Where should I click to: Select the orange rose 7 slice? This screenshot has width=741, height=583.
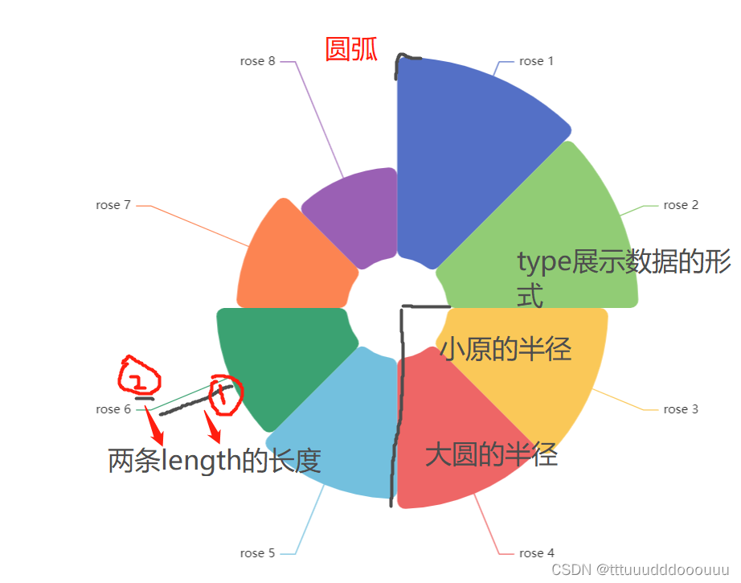[x=289, y=257]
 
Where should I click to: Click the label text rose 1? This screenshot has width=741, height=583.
[x=536, y=61]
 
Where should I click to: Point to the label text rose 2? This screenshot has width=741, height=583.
[x=681, y=205]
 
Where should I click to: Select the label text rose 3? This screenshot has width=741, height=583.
[x=681, y=409]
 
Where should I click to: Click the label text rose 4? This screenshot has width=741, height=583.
[x=537, y=553]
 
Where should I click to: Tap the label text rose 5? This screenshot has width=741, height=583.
[x=257, y=553]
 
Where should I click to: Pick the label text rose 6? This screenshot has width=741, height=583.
[x=113, y=409]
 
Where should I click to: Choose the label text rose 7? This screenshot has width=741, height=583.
[x=113, y=205]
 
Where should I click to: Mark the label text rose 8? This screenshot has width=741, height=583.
[x=257, y=61]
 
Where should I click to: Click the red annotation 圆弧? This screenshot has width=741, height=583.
[x=351, y=50]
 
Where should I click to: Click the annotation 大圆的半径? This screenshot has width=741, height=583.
[x=491, y=456]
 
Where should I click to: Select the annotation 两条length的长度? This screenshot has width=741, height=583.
[x=215, y=462]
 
